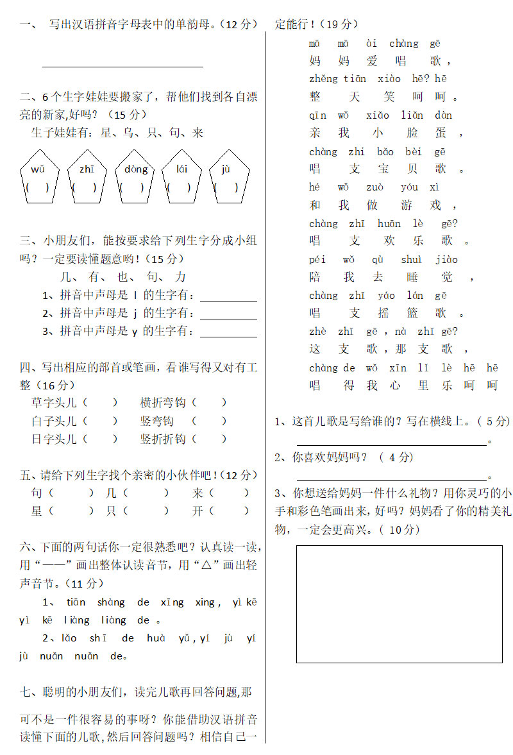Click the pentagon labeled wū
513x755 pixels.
click(x=38, y=178)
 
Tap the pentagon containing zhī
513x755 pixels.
click(x=86, y=178)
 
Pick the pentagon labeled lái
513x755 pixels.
click(x=182, y=178)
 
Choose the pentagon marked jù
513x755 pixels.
click(x=229, y=178)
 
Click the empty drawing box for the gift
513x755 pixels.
click(x=399, y=604)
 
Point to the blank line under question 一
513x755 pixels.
click(x=122, y=65)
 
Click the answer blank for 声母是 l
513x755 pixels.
click(x=228, y=298)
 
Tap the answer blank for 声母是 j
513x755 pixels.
click(x=228, y=316)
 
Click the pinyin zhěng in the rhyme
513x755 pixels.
click(x=323, y=79)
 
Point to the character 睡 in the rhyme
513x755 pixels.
click(x=412, y=277)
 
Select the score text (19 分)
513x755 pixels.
click(x=338, y=24)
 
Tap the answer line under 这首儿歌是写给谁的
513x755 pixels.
click(x=391, y=443)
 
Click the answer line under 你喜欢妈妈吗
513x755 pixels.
click(x=391, y=479)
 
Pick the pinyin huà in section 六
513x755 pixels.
click(x=156, y=638)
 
